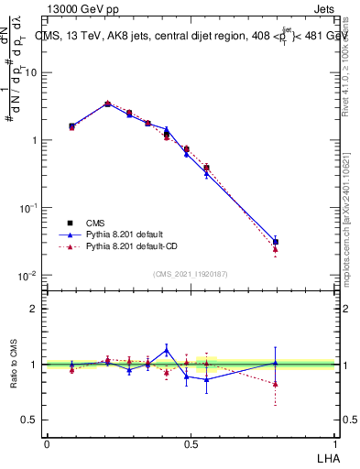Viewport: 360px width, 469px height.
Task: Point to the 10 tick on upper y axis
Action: pos(32,72)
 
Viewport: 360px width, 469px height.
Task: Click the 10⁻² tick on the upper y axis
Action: pos(29,276)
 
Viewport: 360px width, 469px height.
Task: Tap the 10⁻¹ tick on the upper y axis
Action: pos(29,208)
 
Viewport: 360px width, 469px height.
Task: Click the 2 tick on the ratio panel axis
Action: pos(35,309)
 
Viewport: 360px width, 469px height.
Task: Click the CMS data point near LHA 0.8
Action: pos(276,242)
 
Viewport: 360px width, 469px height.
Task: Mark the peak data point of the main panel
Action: pos(107,104)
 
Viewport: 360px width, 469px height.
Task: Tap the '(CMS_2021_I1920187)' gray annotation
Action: pos(190,274)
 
